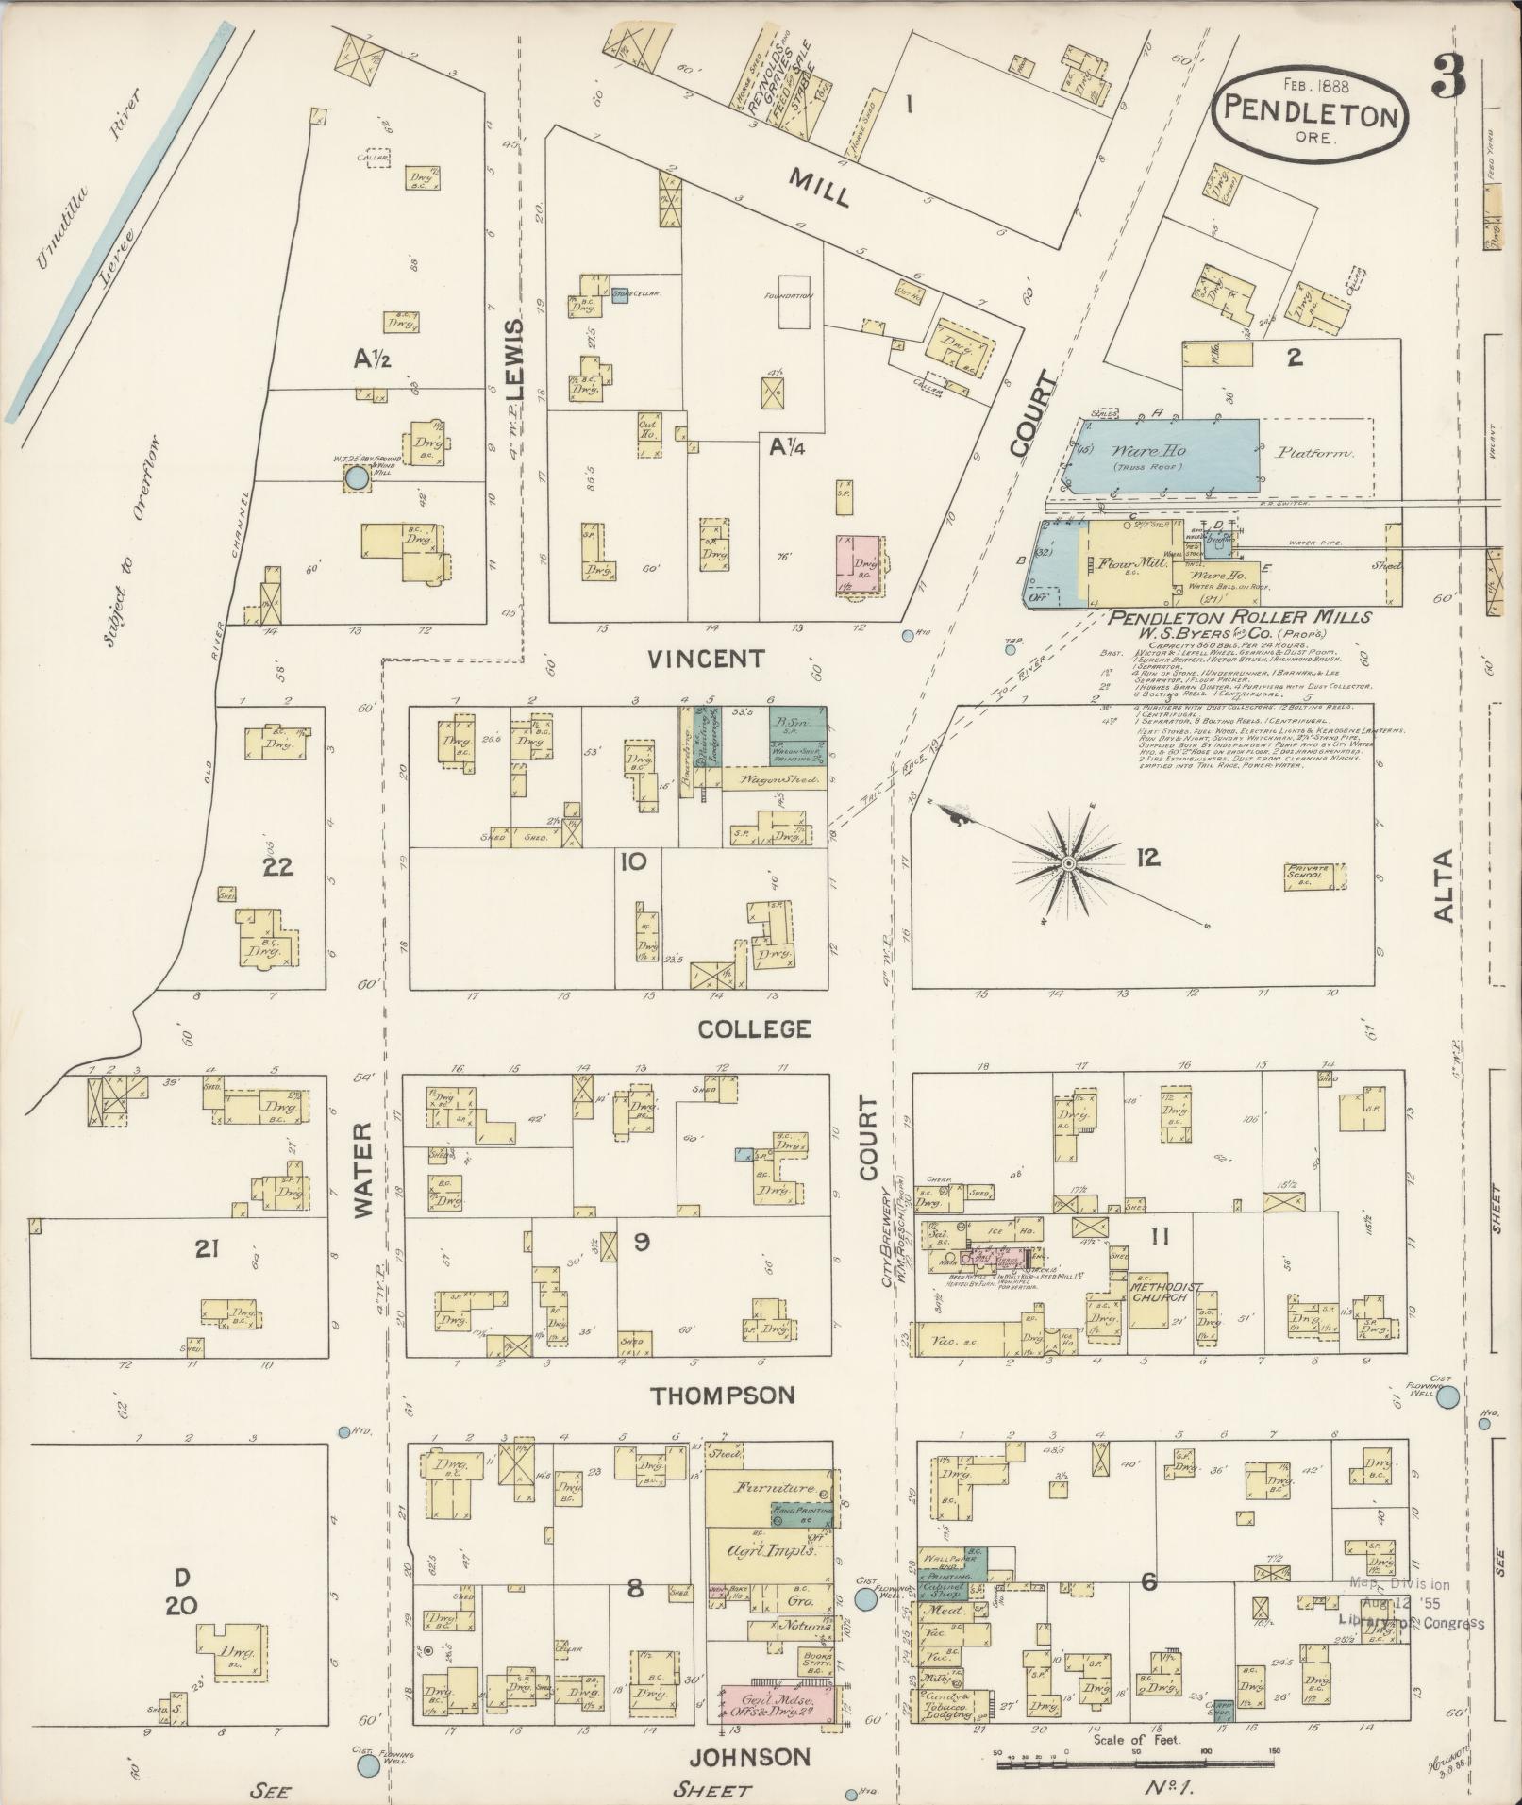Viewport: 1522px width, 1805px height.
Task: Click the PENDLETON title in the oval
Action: coord(1310,115)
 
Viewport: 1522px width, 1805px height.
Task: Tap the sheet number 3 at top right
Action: coord(1448,75)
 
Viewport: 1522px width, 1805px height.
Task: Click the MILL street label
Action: coord(819,186)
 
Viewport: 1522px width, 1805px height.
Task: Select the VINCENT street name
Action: coord(707,659)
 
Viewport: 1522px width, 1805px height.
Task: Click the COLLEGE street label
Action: coord(753,1028)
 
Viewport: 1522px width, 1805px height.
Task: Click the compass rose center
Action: coord(1068,863)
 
